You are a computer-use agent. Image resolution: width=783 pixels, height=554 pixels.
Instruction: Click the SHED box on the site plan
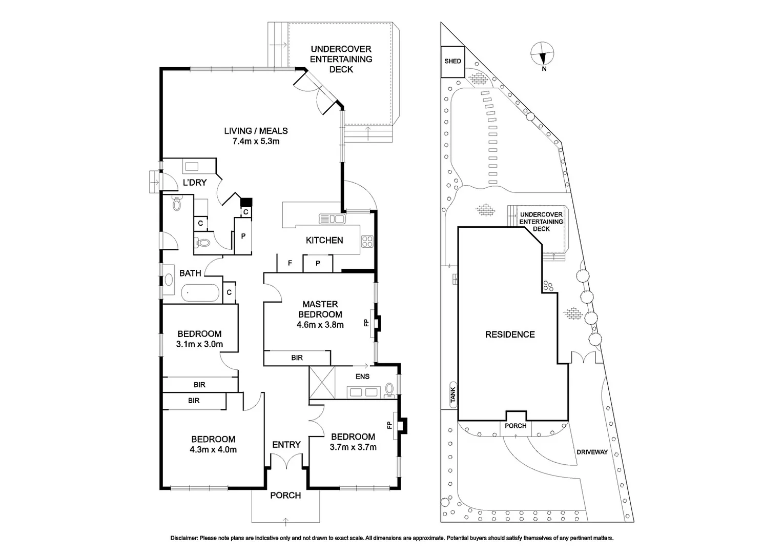[x=452, y=61]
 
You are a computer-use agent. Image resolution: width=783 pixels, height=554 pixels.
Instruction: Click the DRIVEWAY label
[x=592, y=452]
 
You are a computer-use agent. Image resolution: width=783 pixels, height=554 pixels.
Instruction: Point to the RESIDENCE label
[x=510, y=334]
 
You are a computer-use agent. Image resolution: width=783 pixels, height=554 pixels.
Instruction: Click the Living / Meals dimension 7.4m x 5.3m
[x=256, y=141]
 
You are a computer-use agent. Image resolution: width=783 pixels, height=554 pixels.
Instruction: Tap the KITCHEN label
[x=324, y=240]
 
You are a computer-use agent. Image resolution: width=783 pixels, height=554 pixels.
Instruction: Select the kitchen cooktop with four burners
[x=367, y=241]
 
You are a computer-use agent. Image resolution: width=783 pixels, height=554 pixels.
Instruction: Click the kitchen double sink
[x=332, y=219]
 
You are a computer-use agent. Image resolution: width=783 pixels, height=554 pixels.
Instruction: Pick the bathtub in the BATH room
[x=200, y=294]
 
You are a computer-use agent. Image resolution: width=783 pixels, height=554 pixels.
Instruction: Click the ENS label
[x=363, y=377]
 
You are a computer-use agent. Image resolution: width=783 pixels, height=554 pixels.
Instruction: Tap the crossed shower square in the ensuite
[x=322, y=382]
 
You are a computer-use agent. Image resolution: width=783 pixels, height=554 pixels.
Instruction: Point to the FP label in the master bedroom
[x=366, y=323]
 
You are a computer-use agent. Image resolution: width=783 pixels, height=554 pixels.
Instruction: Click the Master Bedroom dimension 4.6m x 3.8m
[x=320, y=325]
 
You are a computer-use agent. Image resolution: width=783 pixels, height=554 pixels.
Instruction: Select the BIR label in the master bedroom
[x=297, y=358]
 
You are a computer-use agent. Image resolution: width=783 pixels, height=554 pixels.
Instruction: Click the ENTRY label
[x=286, y=445]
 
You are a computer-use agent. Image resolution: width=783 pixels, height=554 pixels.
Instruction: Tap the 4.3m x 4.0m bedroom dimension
[x=213, y=450]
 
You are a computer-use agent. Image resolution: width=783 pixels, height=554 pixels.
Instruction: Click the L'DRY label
[x=195, y=182]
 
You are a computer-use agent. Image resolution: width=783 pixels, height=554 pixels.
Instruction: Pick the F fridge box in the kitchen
[x=290, y=263]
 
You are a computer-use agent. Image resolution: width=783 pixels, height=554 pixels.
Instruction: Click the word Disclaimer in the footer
[x=184, y=538]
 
